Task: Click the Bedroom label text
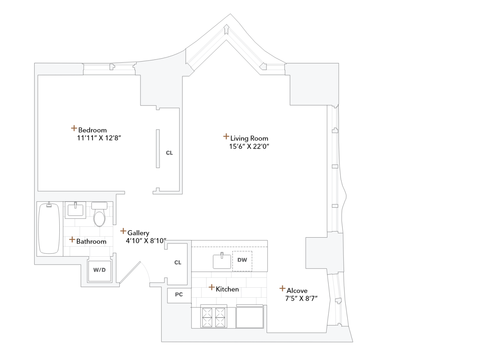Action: (x=92, y=130)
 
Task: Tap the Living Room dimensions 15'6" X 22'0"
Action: (x=249, y=146)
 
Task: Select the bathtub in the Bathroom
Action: (x=49, y=229)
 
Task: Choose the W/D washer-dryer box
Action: (x=99, y=270)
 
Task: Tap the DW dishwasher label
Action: (x=242, y=260)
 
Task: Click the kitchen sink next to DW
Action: (x=222, y=261)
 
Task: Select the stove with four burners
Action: (x=214, y=317)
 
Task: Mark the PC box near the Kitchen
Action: (x=179, y=294)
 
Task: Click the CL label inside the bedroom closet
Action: (x=169, y=153)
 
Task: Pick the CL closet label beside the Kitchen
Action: (x=178, y=262)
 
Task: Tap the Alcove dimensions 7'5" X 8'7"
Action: (x=301, y=298)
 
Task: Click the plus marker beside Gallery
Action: (x=123, y=231)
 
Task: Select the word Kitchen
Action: (x=227, y=289)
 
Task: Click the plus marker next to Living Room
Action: (x=226, y=136)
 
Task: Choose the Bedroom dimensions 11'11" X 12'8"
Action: (x=99, y=138)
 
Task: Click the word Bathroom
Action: (x=91, y=242)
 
